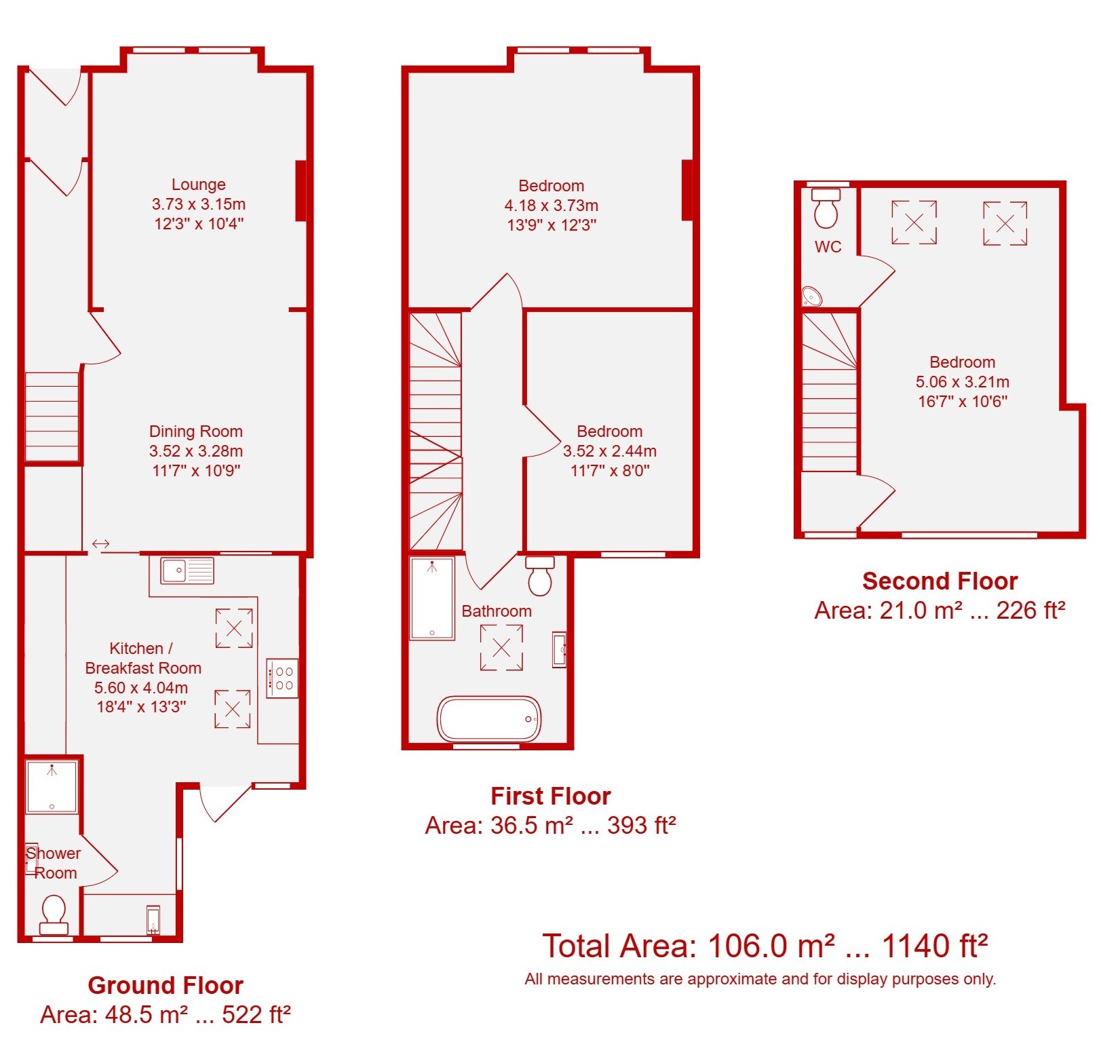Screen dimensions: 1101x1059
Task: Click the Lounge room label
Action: click(198, 185)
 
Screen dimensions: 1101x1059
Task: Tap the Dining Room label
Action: click(195, 431)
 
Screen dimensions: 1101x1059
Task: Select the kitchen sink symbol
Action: click(187, 571)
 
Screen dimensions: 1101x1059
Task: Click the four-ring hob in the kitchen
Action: click(282, 678)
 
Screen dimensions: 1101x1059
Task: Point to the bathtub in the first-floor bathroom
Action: click(489, 718)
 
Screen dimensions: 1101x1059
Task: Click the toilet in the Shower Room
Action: click(54, 914)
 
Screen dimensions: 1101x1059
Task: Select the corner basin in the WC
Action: click(812, 296)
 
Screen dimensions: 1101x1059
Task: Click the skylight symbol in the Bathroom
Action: click(501, 648)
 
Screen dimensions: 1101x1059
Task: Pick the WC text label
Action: click(828, 247)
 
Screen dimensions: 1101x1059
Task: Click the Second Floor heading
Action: click(940, 581)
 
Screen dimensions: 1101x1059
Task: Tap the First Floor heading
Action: click(550, 796)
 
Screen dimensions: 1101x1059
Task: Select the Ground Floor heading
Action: click(166, 985)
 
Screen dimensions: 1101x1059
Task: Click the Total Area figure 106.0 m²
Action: click(771, 946)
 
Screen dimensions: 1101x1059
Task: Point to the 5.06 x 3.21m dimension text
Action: click(962, 382)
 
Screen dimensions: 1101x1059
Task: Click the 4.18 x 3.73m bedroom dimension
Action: click(551, 206)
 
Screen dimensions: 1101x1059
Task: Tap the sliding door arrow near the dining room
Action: click(100, 543)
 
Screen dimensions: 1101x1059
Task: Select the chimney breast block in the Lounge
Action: click(301, 191)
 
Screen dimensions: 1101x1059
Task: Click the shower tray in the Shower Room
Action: click(52, 787)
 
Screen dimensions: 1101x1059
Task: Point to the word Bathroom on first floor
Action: click(497, 611)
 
